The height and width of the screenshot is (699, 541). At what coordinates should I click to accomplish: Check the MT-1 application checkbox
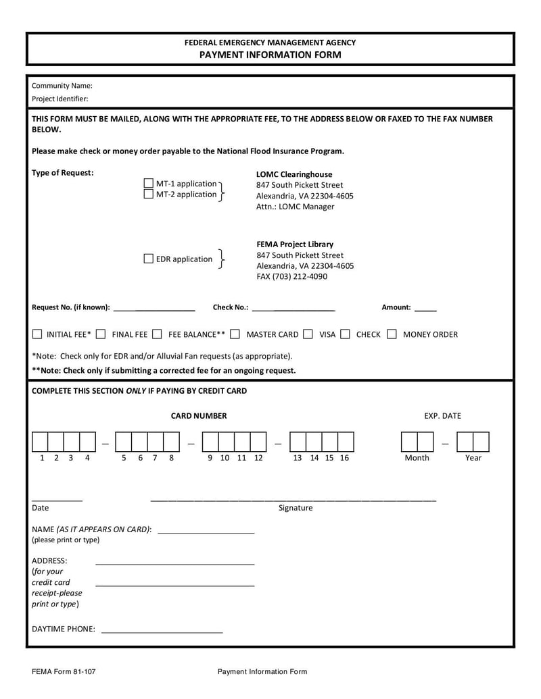pyautogui.click(x=149, y=184)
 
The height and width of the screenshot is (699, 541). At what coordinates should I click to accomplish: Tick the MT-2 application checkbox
pyautogui.click(x=149, y=195)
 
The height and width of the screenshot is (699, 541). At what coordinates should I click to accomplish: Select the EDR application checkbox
pyautogui.click(x=149, y=259)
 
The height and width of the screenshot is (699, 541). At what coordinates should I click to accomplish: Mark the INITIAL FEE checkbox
pyautogui.click(x=37, y=334)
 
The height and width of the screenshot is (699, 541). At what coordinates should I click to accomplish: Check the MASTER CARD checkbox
pyautogui.click(x=235, y=334)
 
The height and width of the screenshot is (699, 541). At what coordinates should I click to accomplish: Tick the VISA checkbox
pyautogui.click(x=308, y=334)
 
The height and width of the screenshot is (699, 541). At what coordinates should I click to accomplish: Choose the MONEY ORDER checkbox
pyautogui.click(x=392, y=334)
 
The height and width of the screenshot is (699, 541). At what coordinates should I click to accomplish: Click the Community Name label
pyautogui.click(x=62, y=86)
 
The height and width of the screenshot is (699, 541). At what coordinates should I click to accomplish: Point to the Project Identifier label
pyautogui.click(x=60, y=99)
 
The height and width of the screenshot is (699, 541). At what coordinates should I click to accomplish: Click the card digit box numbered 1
pyautogui.click(x=40, y=442)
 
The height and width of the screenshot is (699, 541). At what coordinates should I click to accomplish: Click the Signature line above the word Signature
pyautogui.click(x=293, y=500)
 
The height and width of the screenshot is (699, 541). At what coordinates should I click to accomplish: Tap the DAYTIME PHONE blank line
pyautogui.click(x=162, y=631)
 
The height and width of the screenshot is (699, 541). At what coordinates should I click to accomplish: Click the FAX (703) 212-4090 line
pyautogui.click(x=291, y=276)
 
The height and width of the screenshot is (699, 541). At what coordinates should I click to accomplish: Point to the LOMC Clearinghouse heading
pyautogui.click(x=294, y=174)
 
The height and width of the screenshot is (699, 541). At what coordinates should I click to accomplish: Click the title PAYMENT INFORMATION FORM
pyautogui.click(x=270, y=55)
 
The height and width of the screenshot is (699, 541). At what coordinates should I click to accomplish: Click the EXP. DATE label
pyautogui.click(x=442, y=416)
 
